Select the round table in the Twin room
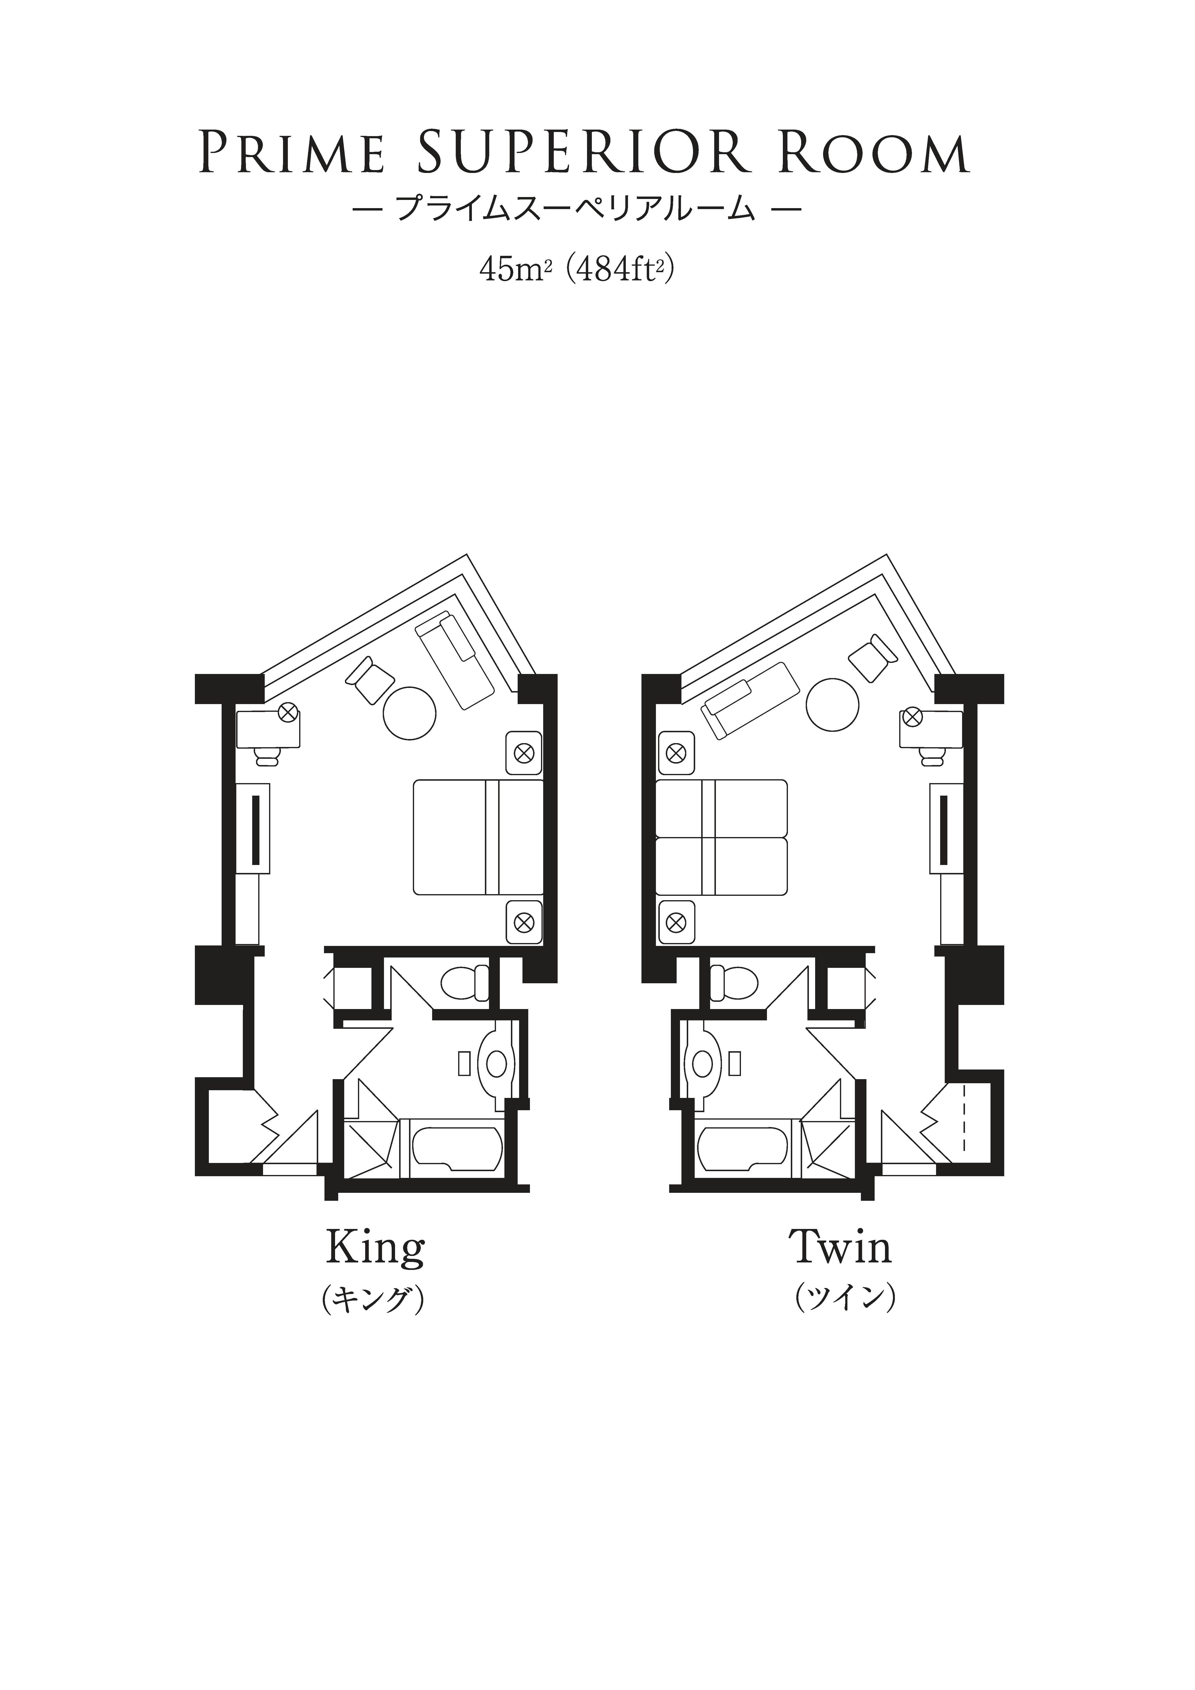[x=833, y=705]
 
